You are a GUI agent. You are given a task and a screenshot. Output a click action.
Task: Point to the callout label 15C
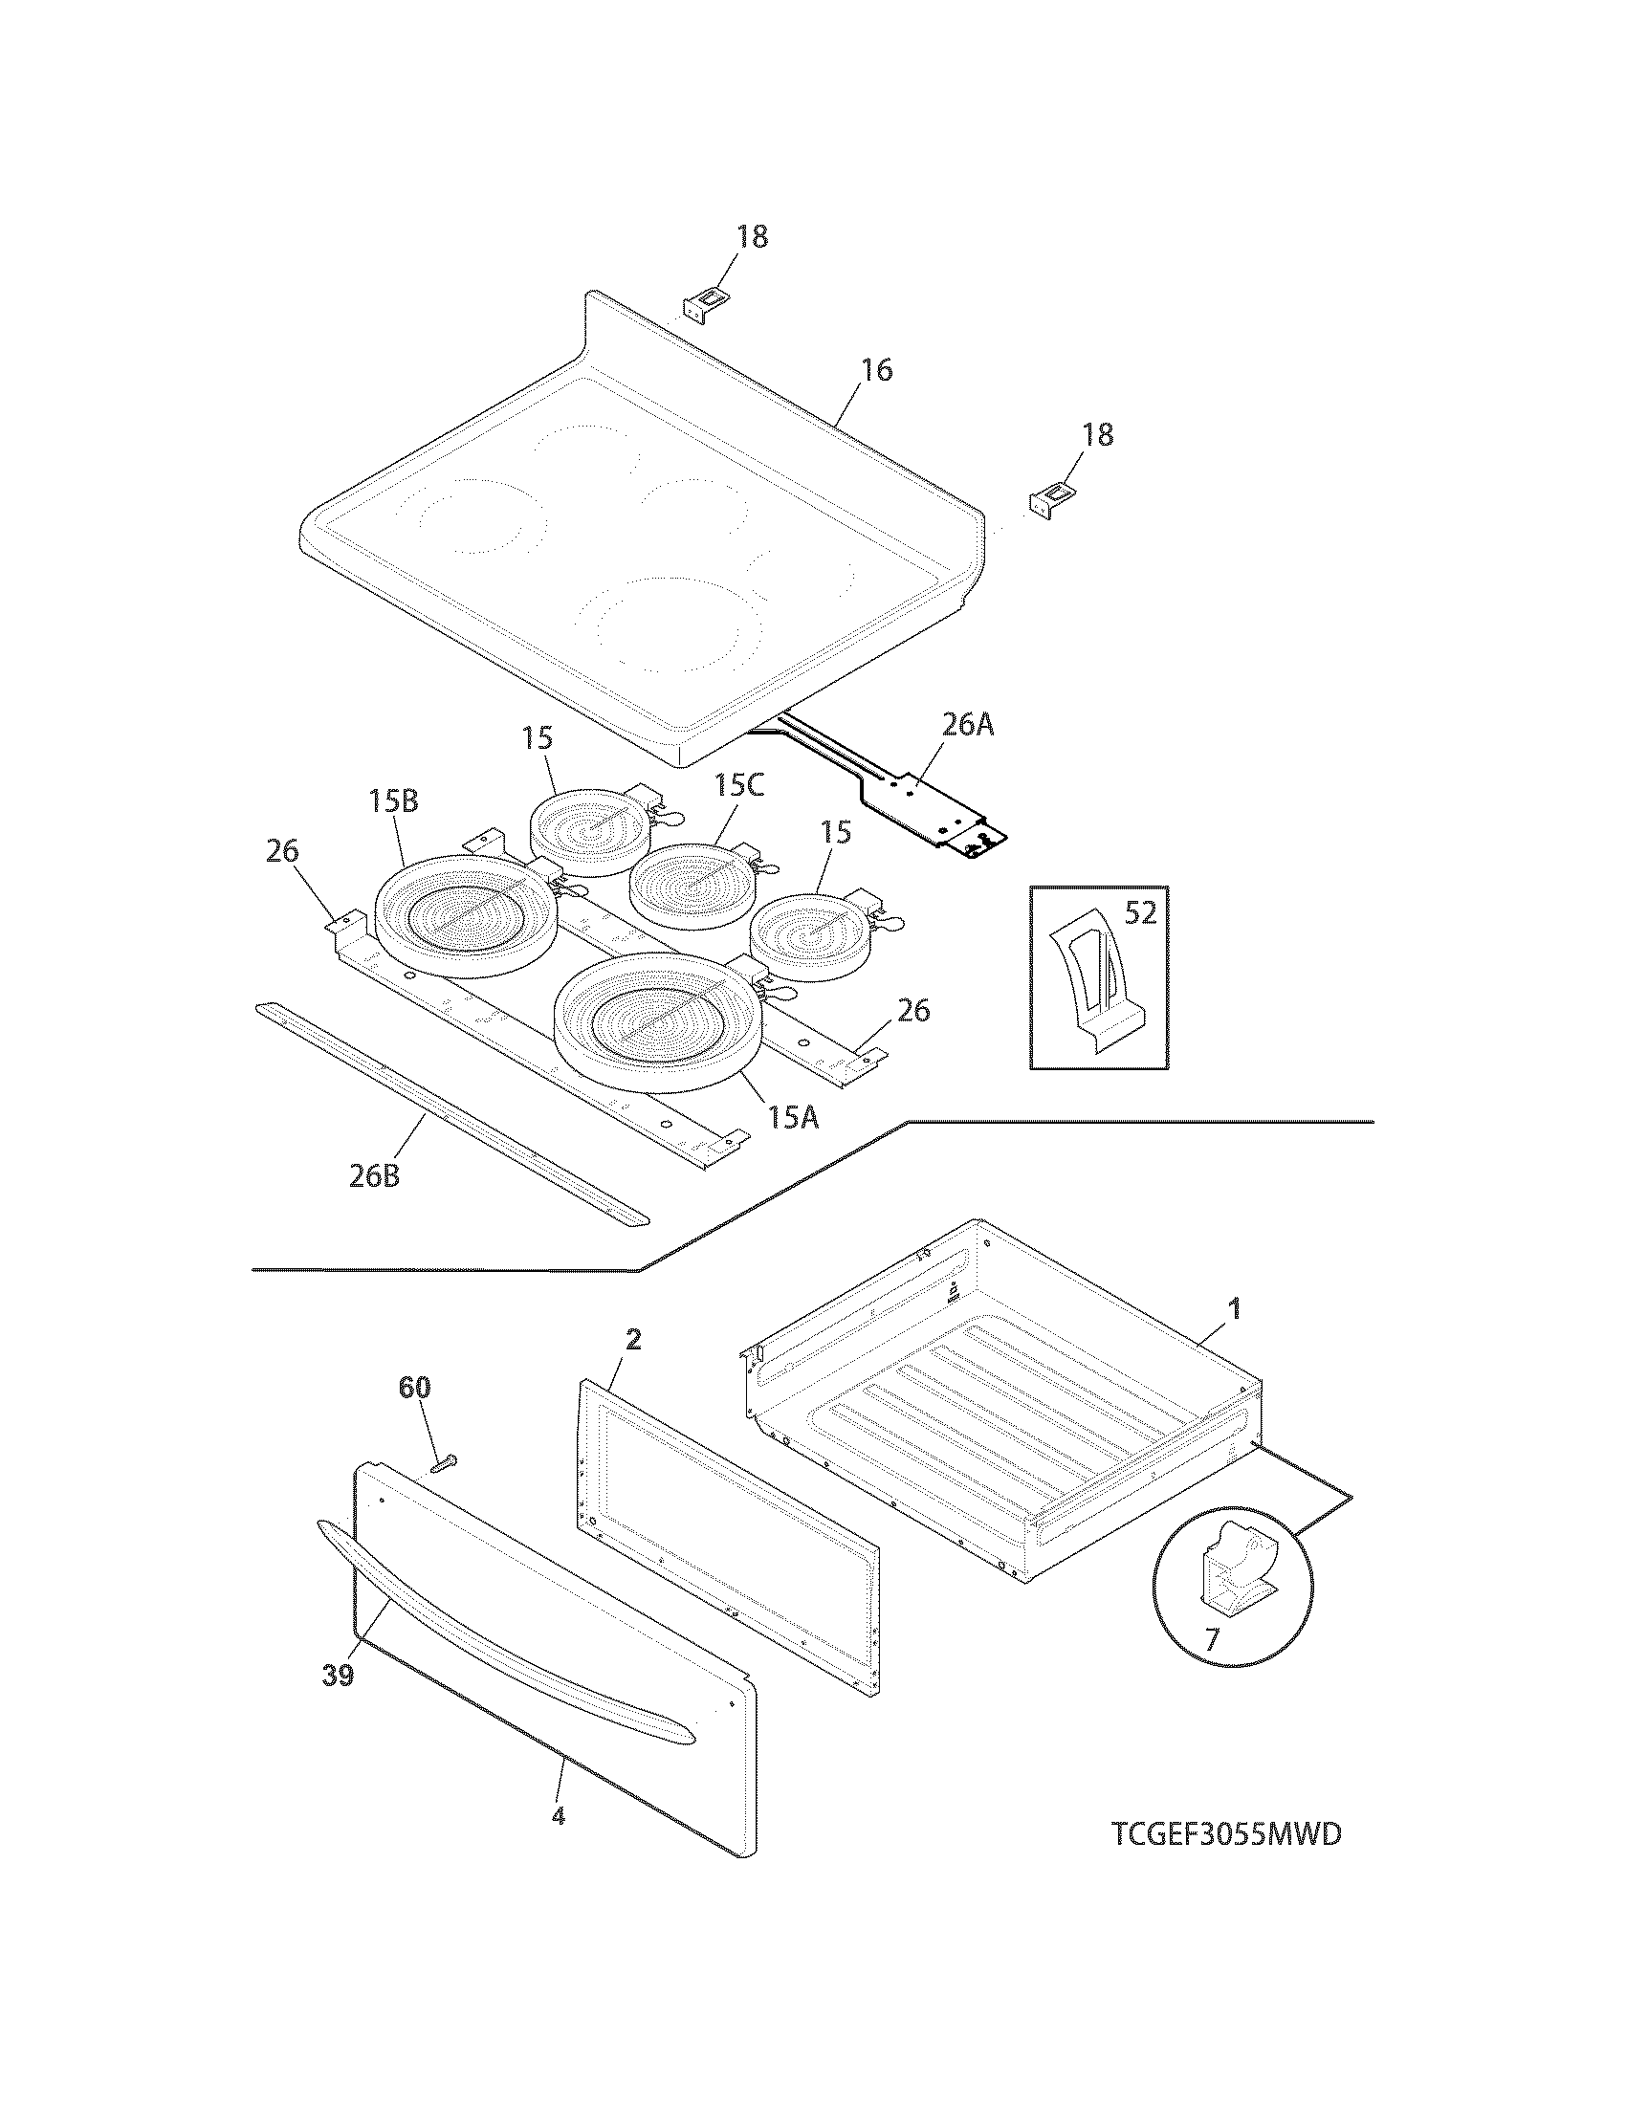[x=738, y=786]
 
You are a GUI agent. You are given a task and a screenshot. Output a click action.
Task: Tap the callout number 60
[x=415, y=1389]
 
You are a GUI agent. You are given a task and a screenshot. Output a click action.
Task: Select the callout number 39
[x=338, y=1676]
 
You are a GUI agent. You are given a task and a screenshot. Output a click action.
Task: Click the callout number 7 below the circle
[x=1211, y=1638]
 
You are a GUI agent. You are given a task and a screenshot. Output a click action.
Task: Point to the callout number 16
[x=876, y=370]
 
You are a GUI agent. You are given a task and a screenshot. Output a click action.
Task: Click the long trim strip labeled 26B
[x=452, y=1113]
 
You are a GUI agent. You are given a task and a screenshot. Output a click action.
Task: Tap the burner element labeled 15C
[x=692, y=885]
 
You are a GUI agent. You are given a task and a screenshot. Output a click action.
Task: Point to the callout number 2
[x=633, y=1340]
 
